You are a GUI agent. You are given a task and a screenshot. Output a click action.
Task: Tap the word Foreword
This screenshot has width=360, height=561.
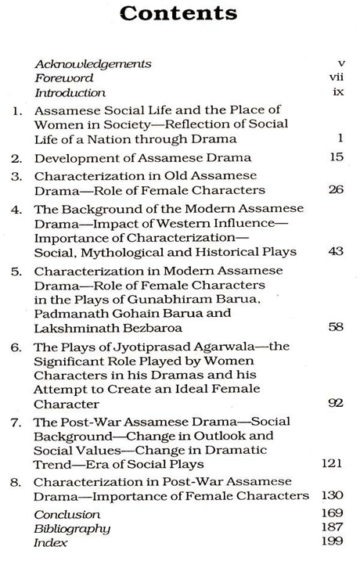[x=64, y=78]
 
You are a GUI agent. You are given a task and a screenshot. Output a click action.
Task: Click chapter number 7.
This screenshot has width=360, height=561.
[x=18, y=425]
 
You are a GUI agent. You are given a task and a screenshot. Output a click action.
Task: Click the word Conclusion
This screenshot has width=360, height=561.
[x=67, y=515]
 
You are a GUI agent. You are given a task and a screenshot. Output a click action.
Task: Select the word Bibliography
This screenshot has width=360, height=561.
[x=70, y=529]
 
